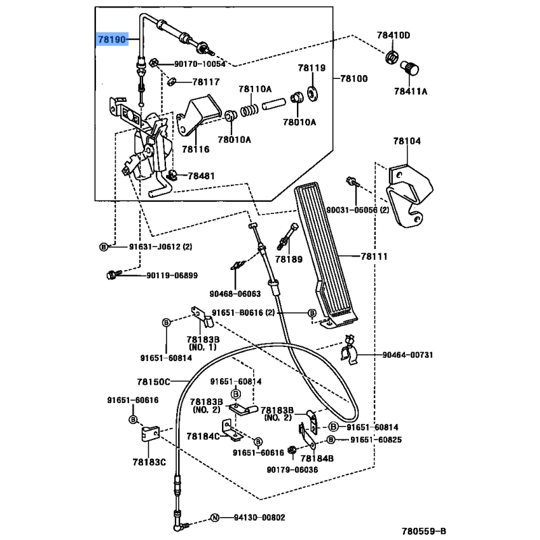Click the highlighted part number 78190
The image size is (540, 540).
pos(111,40)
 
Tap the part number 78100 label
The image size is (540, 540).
pos(354,79)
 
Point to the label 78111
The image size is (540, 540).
pos(375,256)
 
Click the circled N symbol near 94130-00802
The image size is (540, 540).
pos(215,518)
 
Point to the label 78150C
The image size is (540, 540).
pos(154,382)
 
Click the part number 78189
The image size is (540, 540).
pos(289,259)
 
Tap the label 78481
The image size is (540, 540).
pos(201,175)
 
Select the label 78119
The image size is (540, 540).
pos(313,68)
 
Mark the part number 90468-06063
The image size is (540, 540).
pos(234,294)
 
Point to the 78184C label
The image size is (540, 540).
pos(204,436)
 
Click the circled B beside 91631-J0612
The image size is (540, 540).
pos(104,247)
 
